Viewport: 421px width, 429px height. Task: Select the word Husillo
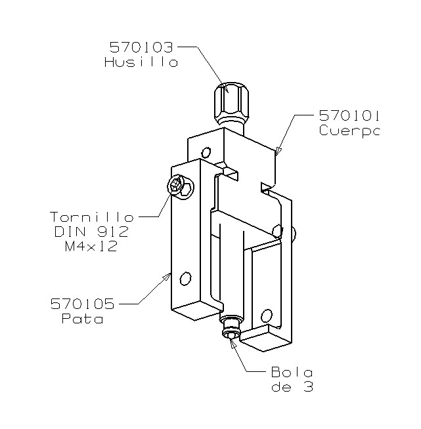coord(141,63)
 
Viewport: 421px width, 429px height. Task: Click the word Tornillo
coord(92,217)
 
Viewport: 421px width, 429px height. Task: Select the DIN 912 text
coord(92,232)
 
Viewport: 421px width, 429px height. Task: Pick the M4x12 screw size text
coord(92,247)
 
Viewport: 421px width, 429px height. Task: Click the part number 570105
coord(82,304)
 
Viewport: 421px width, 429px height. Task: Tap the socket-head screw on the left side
coord(177,186)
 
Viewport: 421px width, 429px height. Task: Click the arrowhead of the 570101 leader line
coord(277,155)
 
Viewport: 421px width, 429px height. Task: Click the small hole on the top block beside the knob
coord(208,153)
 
